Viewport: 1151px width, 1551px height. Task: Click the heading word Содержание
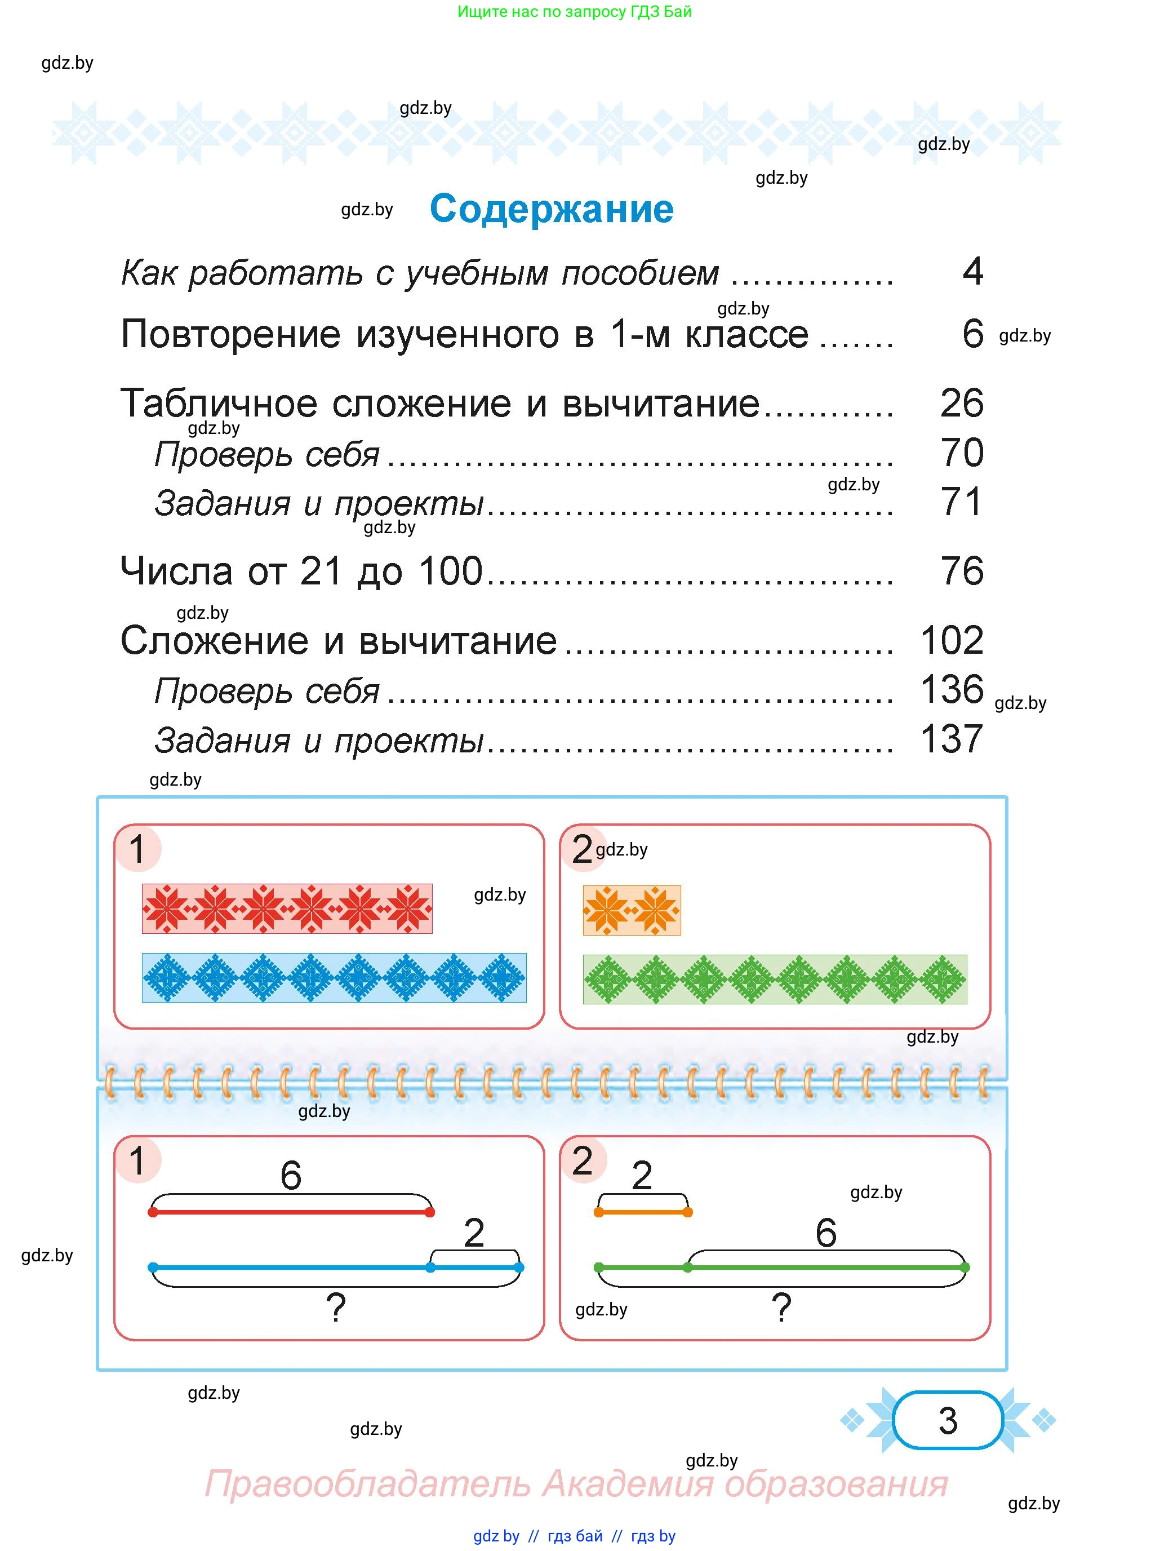click(x=551, y=209)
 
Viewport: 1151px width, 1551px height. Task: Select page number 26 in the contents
click(x=962, y=403)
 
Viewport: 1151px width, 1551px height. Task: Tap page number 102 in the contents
click(x=952, y=640)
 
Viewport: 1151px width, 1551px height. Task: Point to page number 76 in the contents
click(x=962, y=571)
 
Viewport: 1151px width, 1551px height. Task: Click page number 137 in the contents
click(x=952, y=739)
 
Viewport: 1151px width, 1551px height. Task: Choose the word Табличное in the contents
click(x=220, y=403)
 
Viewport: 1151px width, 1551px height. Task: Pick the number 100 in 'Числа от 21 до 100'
click(x=451, y=571)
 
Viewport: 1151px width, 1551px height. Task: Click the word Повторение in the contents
click(x=230, y=334)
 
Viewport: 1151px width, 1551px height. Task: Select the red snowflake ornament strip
click(x=287, y=909)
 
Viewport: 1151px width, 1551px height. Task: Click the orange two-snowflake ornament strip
click(x=631, y=910)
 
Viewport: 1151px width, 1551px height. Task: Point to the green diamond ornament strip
click(x=775, y=979)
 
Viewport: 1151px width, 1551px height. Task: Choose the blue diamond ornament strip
click(x=335, y=977)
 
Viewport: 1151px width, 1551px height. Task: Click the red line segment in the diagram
click(x=291, y=1212)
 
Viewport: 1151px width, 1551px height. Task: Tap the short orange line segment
click(x=643, y=1212)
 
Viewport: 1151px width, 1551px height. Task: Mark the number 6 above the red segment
click(x=291, y=1175)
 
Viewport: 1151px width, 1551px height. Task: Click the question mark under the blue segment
click(x=336, y=1307)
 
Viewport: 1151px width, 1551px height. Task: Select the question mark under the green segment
click(x=782, y=1307)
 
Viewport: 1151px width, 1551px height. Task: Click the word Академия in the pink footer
click(x=628, y=1483)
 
